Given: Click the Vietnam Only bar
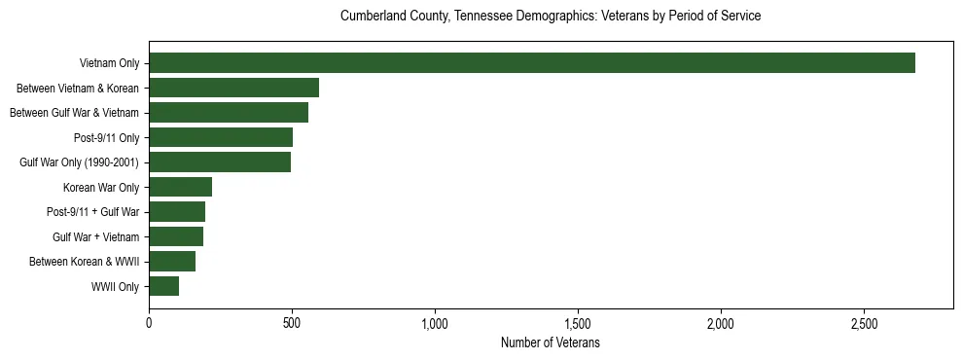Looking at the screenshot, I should [x=532, y=63].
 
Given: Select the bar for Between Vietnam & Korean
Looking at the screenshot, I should [x=234, y=88].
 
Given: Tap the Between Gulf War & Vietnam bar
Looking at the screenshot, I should [x=229, y=113].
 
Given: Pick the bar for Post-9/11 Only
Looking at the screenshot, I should [x=221, y=137].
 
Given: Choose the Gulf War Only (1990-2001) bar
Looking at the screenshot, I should [x=220, y=162].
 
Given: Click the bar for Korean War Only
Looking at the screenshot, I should [x=181, y=187].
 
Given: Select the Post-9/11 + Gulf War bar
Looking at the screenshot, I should [x=177, y=212].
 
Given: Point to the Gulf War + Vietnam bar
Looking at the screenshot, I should [x=176, y=236].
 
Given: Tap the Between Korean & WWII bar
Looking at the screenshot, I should [x=172, y=262].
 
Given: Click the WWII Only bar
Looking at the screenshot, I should [x=164, y=286].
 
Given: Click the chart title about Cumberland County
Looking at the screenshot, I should [x=551, y=17].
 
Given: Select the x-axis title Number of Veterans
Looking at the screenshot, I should [x=551, y=343].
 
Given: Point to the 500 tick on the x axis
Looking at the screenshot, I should [x=292, y=323].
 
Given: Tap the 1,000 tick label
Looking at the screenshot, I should [x=435, y=323].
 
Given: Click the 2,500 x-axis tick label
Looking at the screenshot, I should [x=864, y=323].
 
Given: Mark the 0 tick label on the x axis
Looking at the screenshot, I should [x=149, y=323].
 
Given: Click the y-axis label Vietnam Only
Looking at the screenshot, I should [x=109, y=63].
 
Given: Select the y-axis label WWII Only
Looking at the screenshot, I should [x=115, y=286].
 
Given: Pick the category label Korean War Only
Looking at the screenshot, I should [x=101, y=187].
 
